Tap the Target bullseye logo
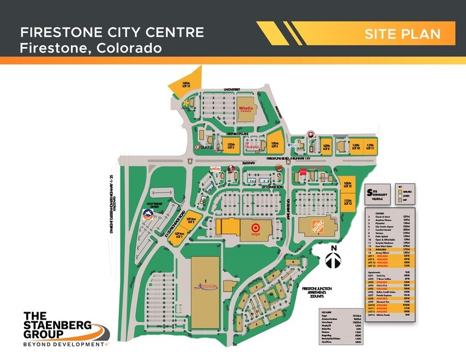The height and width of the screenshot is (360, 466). pyautogui.click(x=254, y=229)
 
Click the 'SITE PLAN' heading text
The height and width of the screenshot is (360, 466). pyautogui.click(x=402, y=34)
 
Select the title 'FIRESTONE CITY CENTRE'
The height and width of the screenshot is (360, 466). pyautogui.click(x=111, y=33)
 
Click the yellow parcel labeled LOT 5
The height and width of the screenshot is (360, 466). pyautogui.click(x=275, y=144)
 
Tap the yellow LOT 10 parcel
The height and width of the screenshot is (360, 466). pyautogui.click(x=356, y=147)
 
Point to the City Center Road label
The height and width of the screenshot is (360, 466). pyautogui.click(x=271, y=187)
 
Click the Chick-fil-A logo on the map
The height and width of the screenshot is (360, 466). pyautogui.click(x=231, y=170)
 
